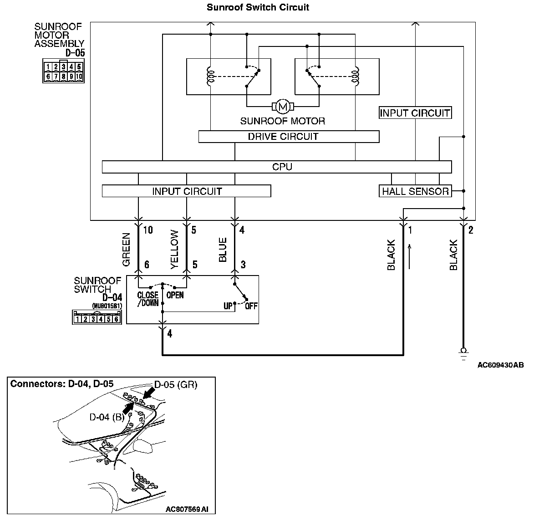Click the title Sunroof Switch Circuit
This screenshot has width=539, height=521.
[x=258, y=7]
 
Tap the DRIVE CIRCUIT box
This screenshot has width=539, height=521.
[x=289, y=137]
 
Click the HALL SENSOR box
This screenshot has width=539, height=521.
[x=415, y=191]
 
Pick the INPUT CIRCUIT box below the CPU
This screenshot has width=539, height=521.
[x=186, y=191]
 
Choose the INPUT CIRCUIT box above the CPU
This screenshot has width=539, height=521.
[x=415, y=113]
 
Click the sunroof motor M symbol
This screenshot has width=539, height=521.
[x=283, y=107]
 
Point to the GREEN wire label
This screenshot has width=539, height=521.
[x=127, y=250]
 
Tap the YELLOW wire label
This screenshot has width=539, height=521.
[x=175, y=250]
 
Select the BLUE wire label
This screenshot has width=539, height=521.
[x=223, y=250]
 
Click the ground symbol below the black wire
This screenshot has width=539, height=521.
[x=463, y=352]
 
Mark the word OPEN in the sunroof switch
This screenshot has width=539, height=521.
[x=175, y=295]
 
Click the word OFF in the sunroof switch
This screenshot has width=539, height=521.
[x=251, y=306]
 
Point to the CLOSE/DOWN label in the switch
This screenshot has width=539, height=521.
[x=148, y=299]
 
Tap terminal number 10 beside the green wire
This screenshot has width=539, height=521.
[x=148, y=230]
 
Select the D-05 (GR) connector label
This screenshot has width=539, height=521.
[x=175, y=385]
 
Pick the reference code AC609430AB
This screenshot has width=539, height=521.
[x=500, y=365]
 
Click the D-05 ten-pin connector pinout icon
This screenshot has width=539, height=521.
[x=63, y=72]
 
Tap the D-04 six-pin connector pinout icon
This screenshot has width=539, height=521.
[x=97, y=317]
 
